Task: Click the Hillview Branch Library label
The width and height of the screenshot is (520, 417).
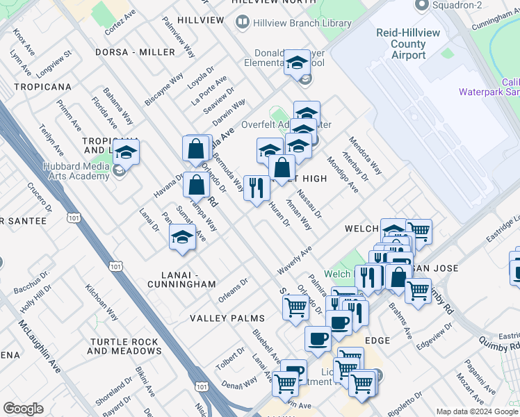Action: pos(301,23)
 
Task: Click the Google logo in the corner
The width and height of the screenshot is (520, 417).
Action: pos(23,409)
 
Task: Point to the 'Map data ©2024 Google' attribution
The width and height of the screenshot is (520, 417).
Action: pos(478,411)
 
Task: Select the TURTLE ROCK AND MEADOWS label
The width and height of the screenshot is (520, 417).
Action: pos(124,346)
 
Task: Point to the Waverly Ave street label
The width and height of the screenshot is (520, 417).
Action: pos(294,259)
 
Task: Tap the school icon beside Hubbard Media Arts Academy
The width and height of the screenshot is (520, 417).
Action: pos(127,152)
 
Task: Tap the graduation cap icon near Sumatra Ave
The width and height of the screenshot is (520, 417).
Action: pos(182,237)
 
